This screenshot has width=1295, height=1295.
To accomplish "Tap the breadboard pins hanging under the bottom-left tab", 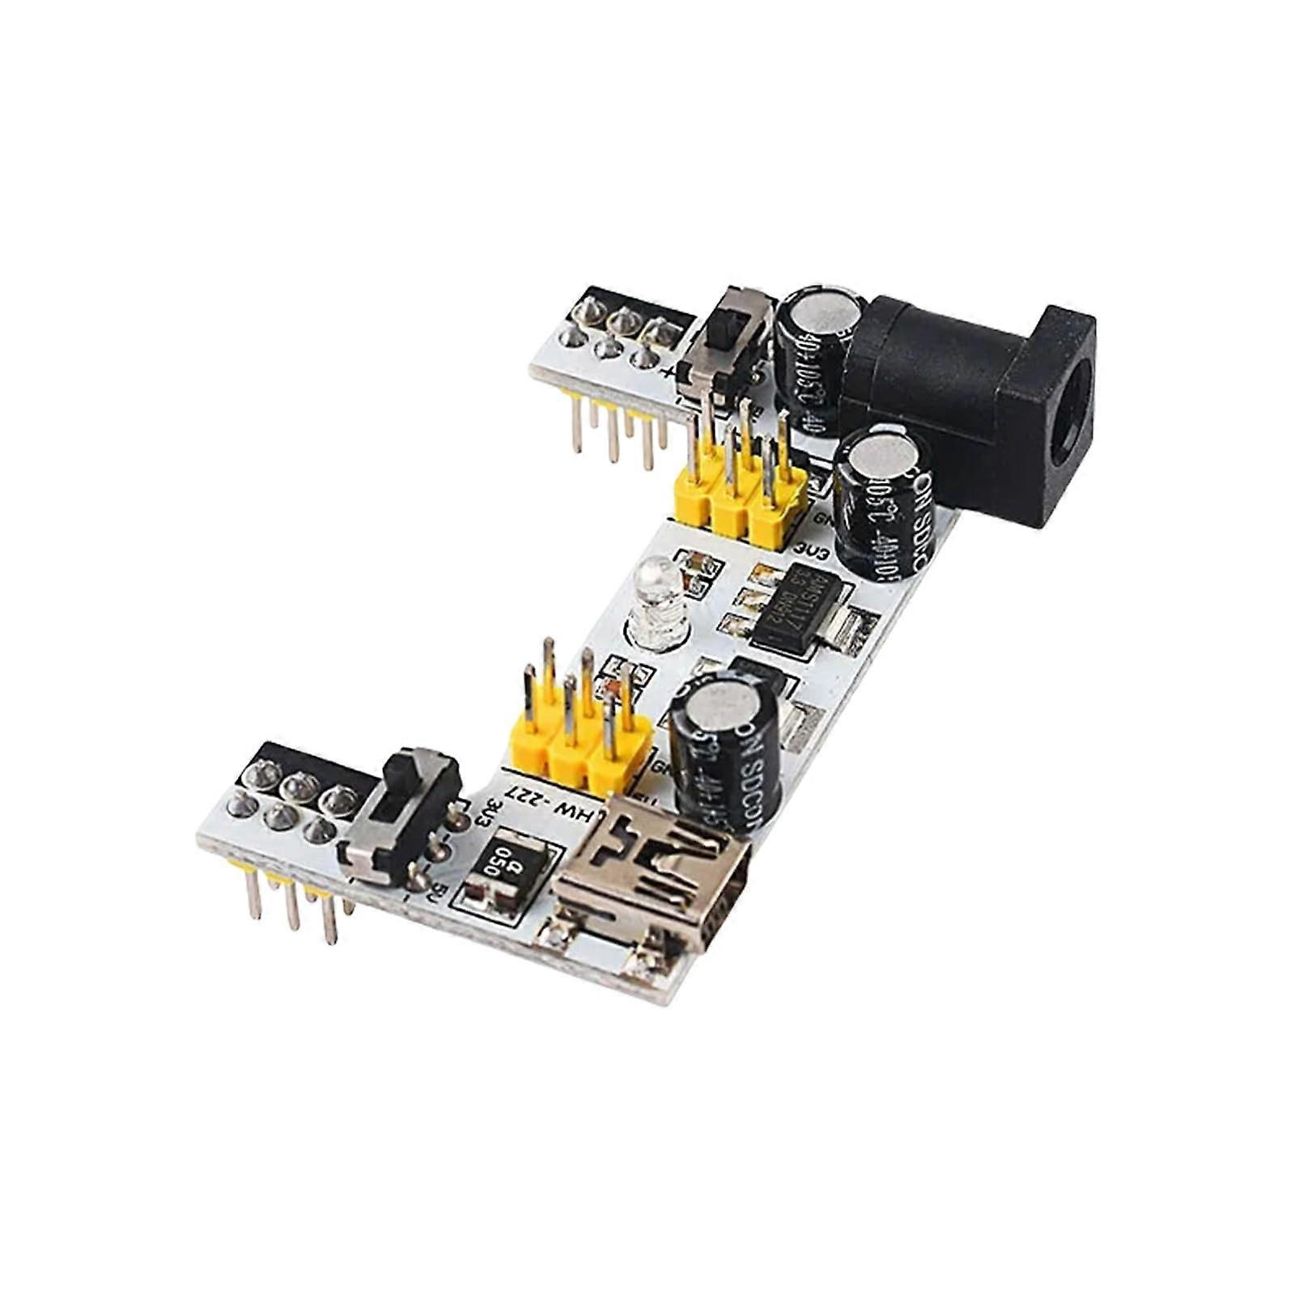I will pos(299,906).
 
